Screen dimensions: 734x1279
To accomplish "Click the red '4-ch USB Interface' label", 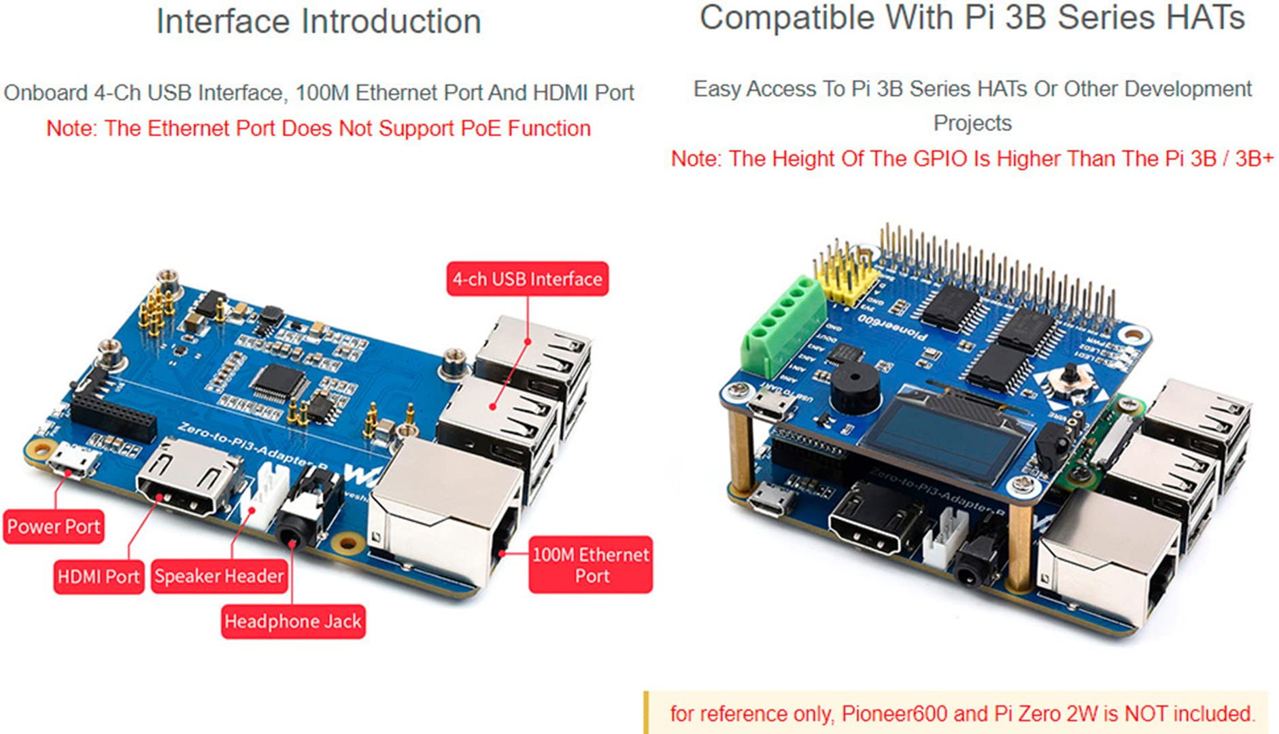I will (x=527, y=279).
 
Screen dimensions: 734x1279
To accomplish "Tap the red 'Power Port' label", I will (x=54, y=527).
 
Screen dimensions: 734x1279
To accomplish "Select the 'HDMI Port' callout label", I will (x=99, y=576).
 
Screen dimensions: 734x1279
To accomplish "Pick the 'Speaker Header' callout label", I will (x=219, y=576).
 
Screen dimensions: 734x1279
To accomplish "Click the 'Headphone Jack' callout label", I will (x=293, y=621).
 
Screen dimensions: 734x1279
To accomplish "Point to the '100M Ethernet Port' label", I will (x=591, y=565).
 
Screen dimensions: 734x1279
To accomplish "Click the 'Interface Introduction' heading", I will (x=319, y=21).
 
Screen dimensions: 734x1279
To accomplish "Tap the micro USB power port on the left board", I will (x=71, y=461).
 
